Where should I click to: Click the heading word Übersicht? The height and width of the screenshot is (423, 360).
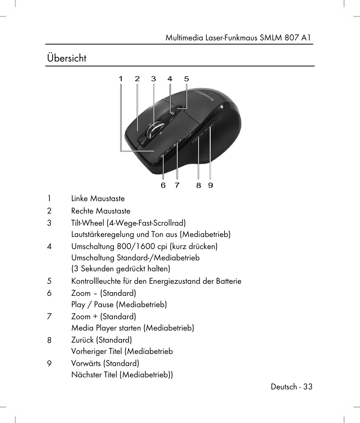(x=67, y=58)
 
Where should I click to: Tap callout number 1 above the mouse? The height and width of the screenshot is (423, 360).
(x=121, y=79)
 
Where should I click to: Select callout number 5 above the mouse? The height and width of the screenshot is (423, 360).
(x=186, y=79)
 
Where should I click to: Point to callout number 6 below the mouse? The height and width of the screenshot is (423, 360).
(x=163, y=185)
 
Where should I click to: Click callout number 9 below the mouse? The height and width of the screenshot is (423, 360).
(x=211, y=185)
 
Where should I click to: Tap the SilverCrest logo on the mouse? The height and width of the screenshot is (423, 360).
(x=204, y=95)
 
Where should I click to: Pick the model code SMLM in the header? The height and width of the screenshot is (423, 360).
(x=272, y=38)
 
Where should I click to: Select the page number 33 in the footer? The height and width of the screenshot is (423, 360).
(x=308, y=387)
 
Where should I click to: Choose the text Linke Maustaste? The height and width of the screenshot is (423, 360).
(x=98, y=199)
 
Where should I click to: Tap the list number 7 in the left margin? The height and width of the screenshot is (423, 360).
(x=49, y=317)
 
